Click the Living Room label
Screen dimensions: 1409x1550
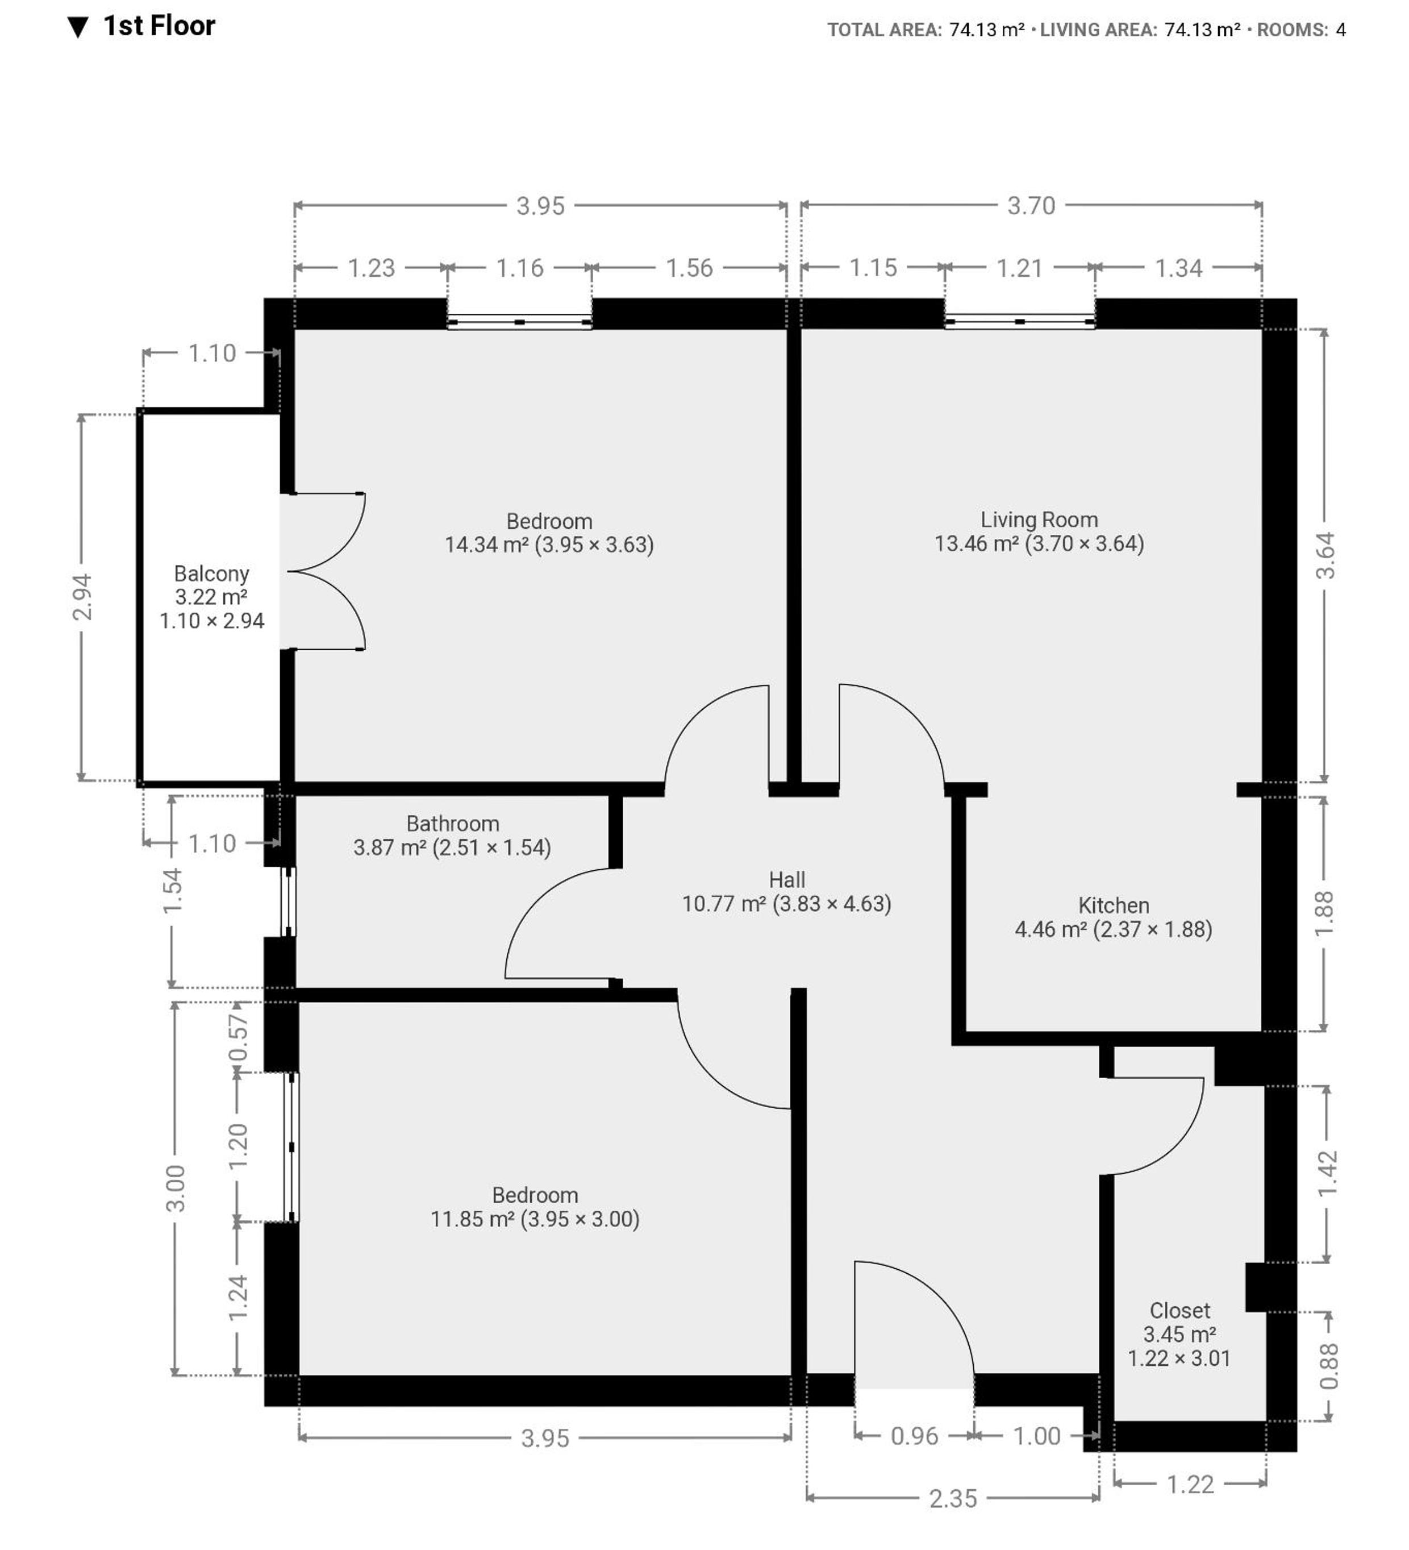[x=1039, y=521]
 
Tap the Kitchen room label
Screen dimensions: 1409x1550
[x=1113, y=905]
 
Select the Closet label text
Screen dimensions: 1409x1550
[x=1179, y=1311]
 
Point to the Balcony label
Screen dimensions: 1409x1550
[x=211, y=574]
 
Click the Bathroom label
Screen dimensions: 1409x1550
[x=453, y=824]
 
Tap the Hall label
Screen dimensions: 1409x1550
[x=787, y=879]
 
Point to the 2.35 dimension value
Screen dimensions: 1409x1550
[x=953, y=1498]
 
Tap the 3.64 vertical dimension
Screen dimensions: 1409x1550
[x=1324, y=555]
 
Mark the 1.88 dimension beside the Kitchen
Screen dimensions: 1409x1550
[x=1324, y=913]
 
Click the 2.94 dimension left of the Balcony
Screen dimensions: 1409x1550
[x=81, y=597]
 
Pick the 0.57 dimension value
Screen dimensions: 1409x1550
[x=238, y=1037]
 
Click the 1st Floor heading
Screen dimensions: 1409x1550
[x=159, y=26]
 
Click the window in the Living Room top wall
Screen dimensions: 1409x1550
[x=1019, y=321]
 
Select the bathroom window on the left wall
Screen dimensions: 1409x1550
[x=288, y=902]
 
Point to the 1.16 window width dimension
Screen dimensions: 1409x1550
[x=520, y=268]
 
